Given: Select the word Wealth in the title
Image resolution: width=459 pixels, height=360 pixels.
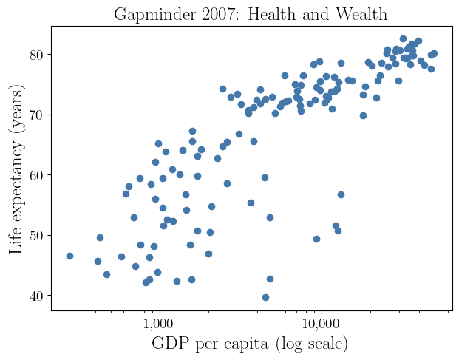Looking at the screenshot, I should coord(360,14).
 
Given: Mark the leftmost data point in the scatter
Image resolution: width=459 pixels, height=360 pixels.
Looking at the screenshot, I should coord(69,256).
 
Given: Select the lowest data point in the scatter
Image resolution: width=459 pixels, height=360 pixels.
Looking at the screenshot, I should coord(265,298).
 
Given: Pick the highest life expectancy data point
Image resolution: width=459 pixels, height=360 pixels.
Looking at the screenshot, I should coord(403,38).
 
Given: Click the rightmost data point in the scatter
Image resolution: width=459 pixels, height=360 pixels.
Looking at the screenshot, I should coord(434,53).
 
